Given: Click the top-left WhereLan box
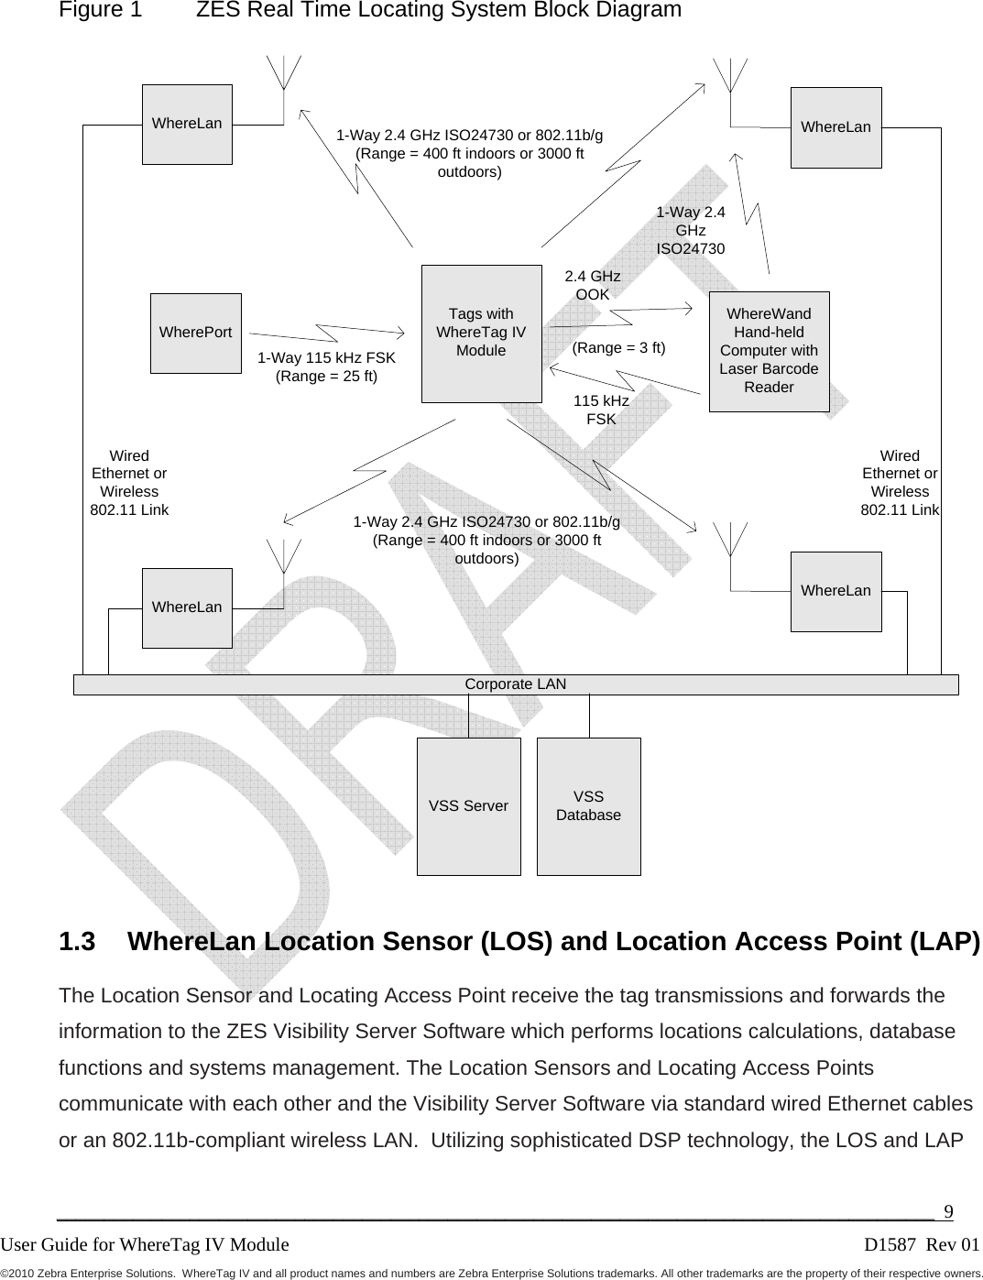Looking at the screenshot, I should tap(187, 124).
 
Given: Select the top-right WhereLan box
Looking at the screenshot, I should tap(836, 127).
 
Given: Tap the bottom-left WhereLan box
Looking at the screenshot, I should tap(187, 607).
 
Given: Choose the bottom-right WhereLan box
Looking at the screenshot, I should tap(836, 591).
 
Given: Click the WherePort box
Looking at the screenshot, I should tap(195, 333).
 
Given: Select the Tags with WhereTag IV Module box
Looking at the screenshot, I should tap(481, 333).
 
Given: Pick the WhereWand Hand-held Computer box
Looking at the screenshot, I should tap(769, 351).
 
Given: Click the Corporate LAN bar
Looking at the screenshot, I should tap(516, 684).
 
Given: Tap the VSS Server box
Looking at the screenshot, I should tap(468, 806).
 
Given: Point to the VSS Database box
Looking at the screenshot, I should tap(588, 806).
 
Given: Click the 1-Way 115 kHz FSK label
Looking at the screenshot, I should tap(326, 366).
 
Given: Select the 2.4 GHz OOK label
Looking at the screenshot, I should tap(592, 285).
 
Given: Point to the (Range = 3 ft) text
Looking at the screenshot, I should tap(618, 348).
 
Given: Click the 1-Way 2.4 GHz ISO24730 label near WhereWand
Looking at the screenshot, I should tap(690, 230).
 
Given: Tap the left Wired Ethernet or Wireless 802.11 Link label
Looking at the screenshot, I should tap(129, 482).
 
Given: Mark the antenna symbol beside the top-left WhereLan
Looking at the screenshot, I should tap(284, 73).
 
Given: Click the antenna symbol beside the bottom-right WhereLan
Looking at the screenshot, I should tap(730, 541).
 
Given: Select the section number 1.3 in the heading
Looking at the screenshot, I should tap(78, 942).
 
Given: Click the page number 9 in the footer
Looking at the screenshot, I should tap(948, 1212).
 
